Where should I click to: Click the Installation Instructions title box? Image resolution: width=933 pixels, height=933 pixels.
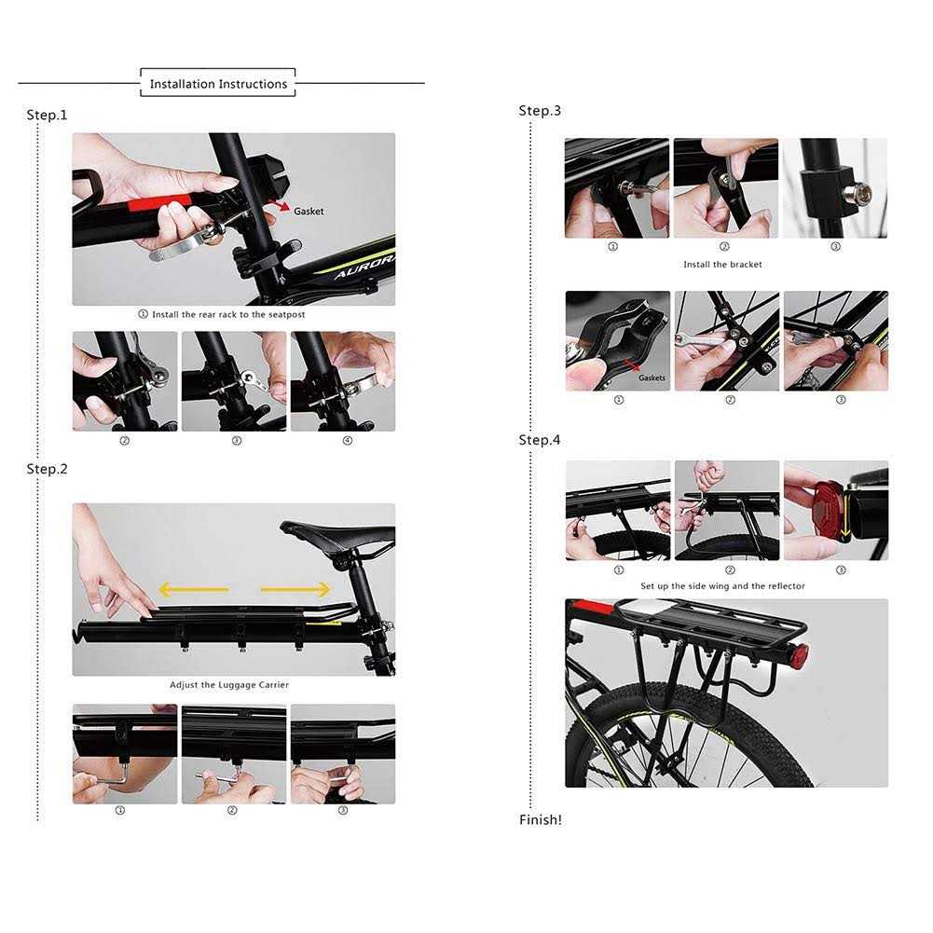[x=218, y=83]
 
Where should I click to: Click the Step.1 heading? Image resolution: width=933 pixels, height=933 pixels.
[x=47, y=115]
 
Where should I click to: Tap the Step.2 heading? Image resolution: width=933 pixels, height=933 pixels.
[x=47, y=469]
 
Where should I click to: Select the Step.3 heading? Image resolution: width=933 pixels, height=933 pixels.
[x=540, y=111]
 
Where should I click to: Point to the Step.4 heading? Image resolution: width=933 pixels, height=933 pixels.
[x=540, y=440]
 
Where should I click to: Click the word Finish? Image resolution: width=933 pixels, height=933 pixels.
[x=541, y=820]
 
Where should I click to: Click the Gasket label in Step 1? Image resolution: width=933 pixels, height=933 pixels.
[x=309, y=212]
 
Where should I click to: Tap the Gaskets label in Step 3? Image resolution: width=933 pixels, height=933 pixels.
[x=652, y=377]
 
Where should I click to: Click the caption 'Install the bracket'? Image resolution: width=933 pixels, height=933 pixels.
[x=722, y=264]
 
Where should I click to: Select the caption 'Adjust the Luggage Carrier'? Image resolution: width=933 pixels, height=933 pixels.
[x=229, y=685]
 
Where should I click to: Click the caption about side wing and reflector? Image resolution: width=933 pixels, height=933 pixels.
[x=722, y=586]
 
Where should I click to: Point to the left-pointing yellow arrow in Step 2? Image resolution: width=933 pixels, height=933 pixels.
[x=194, y=590]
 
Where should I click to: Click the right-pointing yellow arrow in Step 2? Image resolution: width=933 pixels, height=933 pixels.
[x=295, y=590]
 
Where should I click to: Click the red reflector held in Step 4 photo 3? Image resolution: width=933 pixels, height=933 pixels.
[x=829, y=512]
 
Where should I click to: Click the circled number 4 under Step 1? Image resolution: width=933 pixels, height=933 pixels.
[x=348, y=440]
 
